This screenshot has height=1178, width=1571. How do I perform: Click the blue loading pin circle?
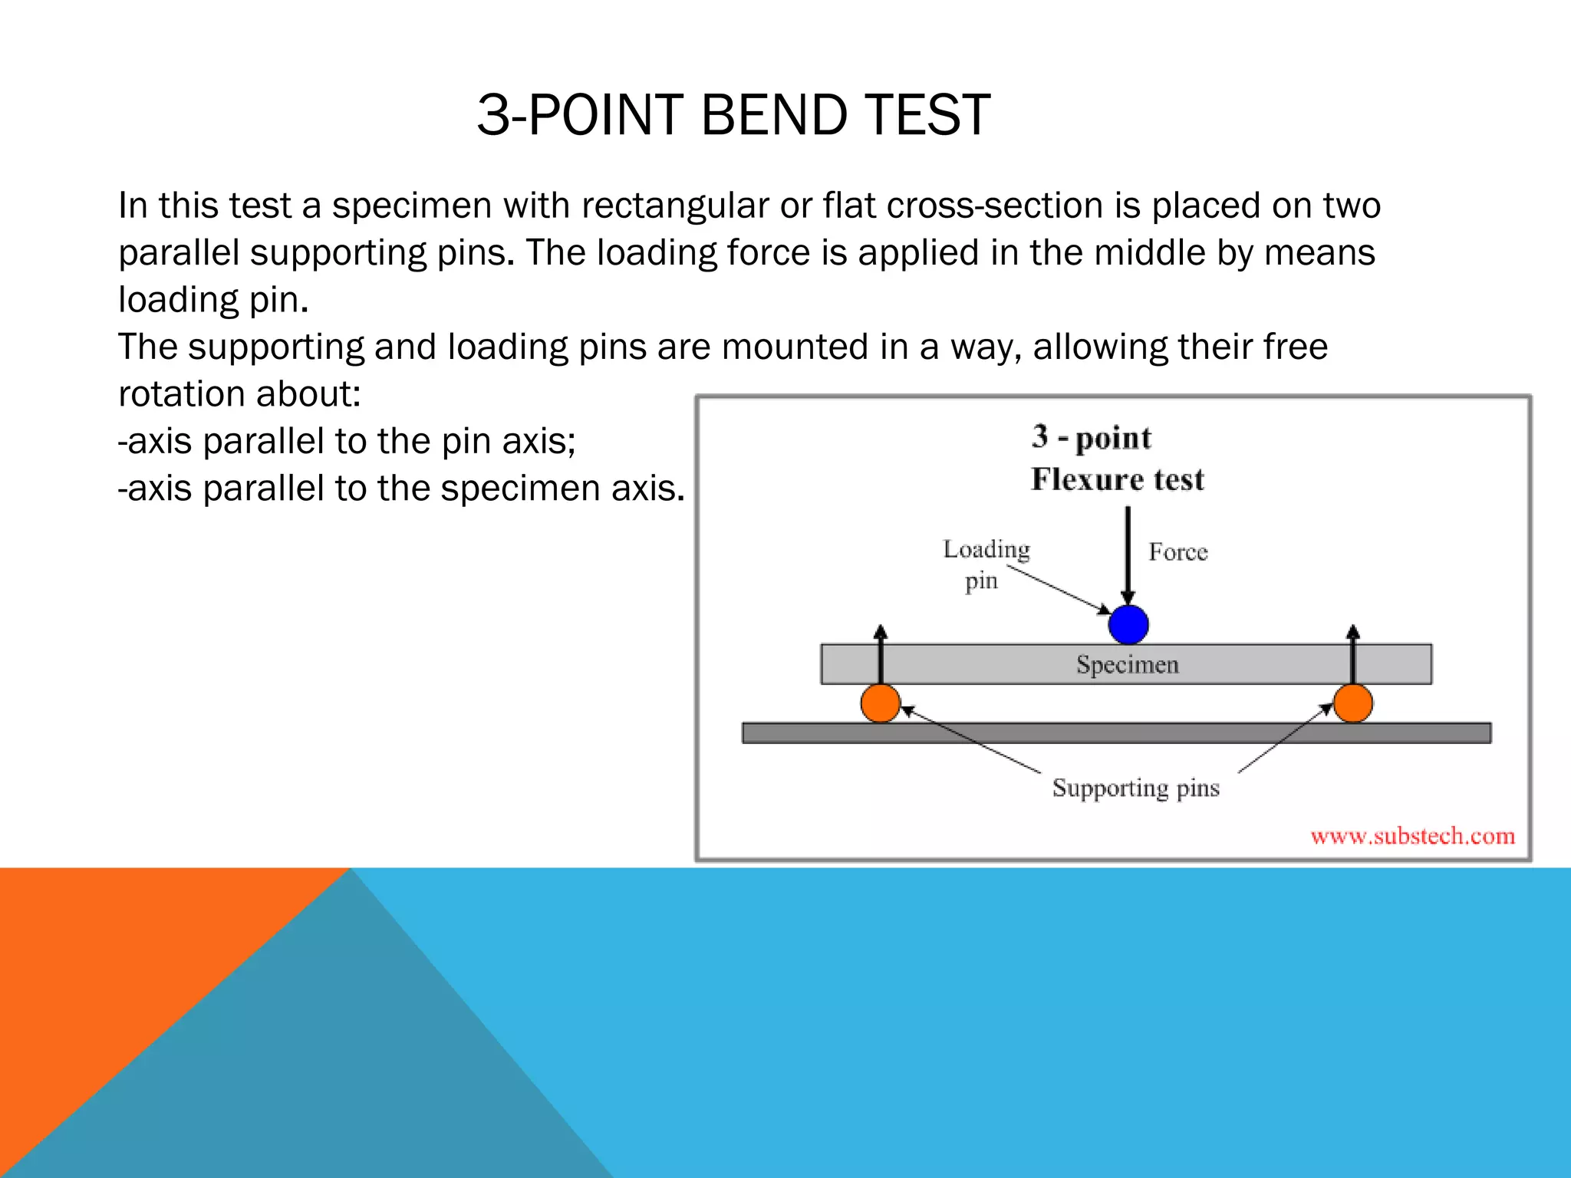coord(1128,624)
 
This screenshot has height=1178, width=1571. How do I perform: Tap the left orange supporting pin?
coord(880,703)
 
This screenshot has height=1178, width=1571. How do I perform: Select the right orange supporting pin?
coord(1352,703)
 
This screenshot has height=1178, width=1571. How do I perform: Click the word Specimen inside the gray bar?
coord(1127,664)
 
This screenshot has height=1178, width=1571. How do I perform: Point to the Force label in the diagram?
coord(1177,552)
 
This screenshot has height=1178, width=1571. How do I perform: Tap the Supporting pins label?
coord(1135,788)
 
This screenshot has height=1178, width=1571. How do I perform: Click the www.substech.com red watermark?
coord(1412,836)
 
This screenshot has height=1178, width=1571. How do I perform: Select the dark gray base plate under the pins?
coord(1116,733)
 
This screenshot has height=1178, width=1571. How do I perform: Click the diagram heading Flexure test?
coord(1117,479)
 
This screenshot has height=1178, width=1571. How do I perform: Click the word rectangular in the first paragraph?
coord(664,206)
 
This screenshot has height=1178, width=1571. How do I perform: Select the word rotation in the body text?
coord(181,394)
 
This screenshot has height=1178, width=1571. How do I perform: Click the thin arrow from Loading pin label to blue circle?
coord(1059,589)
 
